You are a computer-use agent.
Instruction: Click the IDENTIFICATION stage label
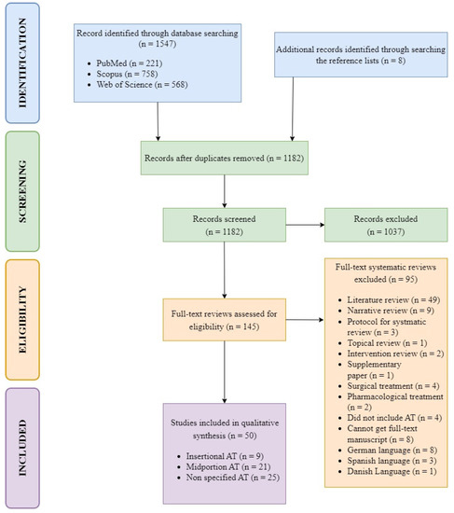(x=22, y=62)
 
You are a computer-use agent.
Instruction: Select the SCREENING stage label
(x=22, y=191)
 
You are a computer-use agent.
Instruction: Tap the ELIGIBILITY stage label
(x=22, y=320)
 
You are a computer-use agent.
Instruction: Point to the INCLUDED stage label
(x=22, y=448)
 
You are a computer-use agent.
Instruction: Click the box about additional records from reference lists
(x=361, y=55)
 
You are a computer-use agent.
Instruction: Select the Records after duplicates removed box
(x=225, y=158)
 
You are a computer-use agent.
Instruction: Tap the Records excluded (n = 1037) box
(x=386, y=225)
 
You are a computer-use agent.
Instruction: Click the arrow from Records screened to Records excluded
(x=305, y=225)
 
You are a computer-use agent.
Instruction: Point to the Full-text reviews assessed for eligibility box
(x=225, y=320)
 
